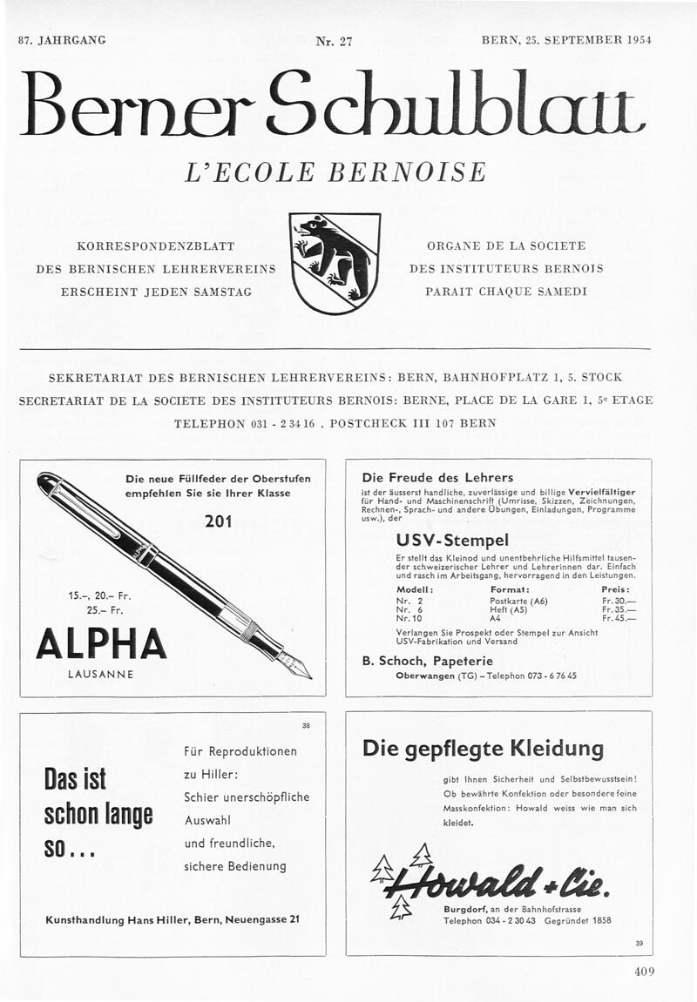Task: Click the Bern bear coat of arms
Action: pyautogui.click(x=335, y=263)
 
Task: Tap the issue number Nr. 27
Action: pyautogui.click(x=334, y=41)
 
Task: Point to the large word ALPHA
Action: pyautogui.click(x=101, y=643)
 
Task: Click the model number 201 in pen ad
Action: pyautogui.click(x=218, y=521)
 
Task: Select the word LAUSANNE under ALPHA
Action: pyautogui.click(x=100, y=676)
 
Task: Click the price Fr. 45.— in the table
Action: pyautogui.click(x=618, y=619)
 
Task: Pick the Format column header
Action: pyautogui.click(x=510, y=589)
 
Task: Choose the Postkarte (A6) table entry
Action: pyautogui.click(x=518, y=601)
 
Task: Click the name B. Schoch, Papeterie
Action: pyautogui.click(x=427, y=661)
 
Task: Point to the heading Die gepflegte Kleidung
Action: pyautogui.click(x=482, y=748)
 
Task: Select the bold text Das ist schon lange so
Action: pyautogui.click(x=98, y=813)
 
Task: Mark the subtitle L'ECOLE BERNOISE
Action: pyautogui.click(x=335, y=171)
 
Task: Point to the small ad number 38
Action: pyautogui.click(x=305, y=725)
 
